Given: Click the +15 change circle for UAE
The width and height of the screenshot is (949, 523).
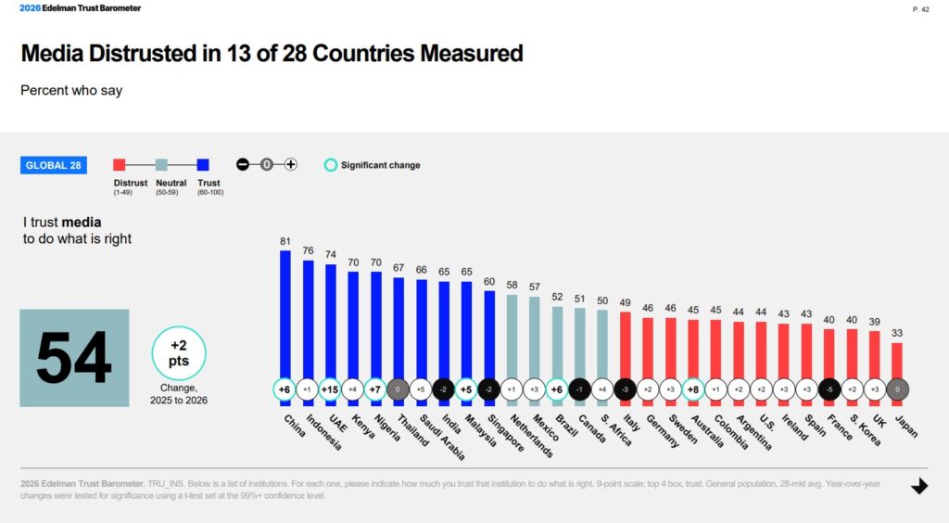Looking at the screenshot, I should pos(330,389).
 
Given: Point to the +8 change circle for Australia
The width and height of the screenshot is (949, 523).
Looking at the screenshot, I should pos(692,389).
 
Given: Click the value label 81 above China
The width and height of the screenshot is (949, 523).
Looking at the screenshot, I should pos(285,241).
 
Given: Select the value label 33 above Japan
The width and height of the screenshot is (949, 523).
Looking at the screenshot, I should pos(897,333).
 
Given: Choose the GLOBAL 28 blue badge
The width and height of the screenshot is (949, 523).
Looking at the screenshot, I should pos(52,165).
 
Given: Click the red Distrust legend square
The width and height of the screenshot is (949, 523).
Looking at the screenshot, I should pos(119,165).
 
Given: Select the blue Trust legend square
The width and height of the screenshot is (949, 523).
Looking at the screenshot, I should pos(202,165).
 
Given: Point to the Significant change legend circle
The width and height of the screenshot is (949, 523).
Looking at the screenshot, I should pos(330,165).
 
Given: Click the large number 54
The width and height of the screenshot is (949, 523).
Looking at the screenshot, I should pos(74,358).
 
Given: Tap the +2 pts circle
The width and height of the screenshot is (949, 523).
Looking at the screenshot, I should pos(179,353).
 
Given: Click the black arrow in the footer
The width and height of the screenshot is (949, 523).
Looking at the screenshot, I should pos(919,486).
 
